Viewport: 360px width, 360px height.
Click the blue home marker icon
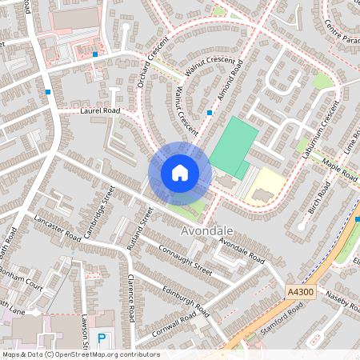point(180,173)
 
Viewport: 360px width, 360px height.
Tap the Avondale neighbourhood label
point(208,230)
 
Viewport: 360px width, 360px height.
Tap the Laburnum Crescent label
point(316,126)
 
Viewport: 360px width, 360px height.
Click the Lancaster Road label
point(58,228)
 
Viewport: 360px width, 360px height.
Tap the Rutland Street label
point(139,229)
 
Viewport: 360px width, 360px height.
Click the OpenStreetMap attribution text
point(80,354)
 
